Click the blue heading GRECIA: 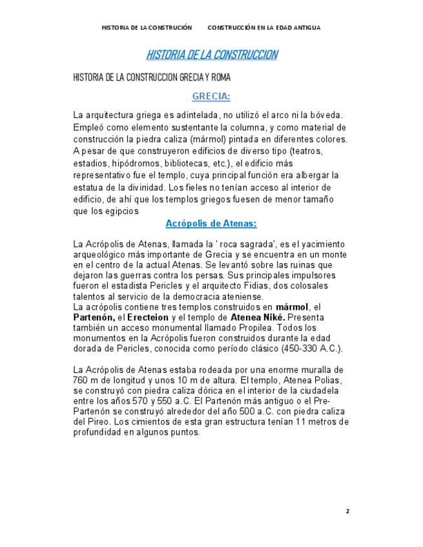pos(211,97)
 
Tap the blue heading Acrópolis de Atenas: pos(211,224)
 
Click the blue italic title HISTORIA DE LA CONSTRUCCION pos(211,55)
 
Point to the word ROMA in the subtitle pos(220,77)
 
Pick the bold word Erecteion pos(147,318)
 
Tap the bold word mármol pos(293,307)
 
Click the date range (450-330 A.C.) pos(304,349)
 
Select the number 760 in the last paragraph pos(81,380)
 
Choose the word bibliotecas pos(186,163)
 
